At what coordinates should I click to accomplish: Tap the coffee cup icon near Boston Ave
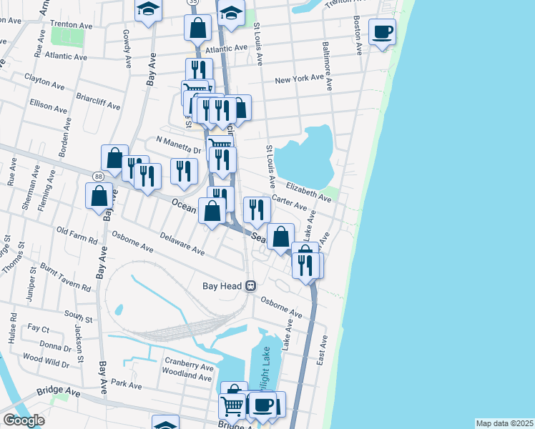382,32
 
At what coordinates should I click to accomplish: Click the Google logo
24,420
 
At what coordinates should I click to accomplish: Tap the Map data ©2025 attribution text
504,423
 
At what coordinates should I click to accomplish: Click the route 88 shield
97,176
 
